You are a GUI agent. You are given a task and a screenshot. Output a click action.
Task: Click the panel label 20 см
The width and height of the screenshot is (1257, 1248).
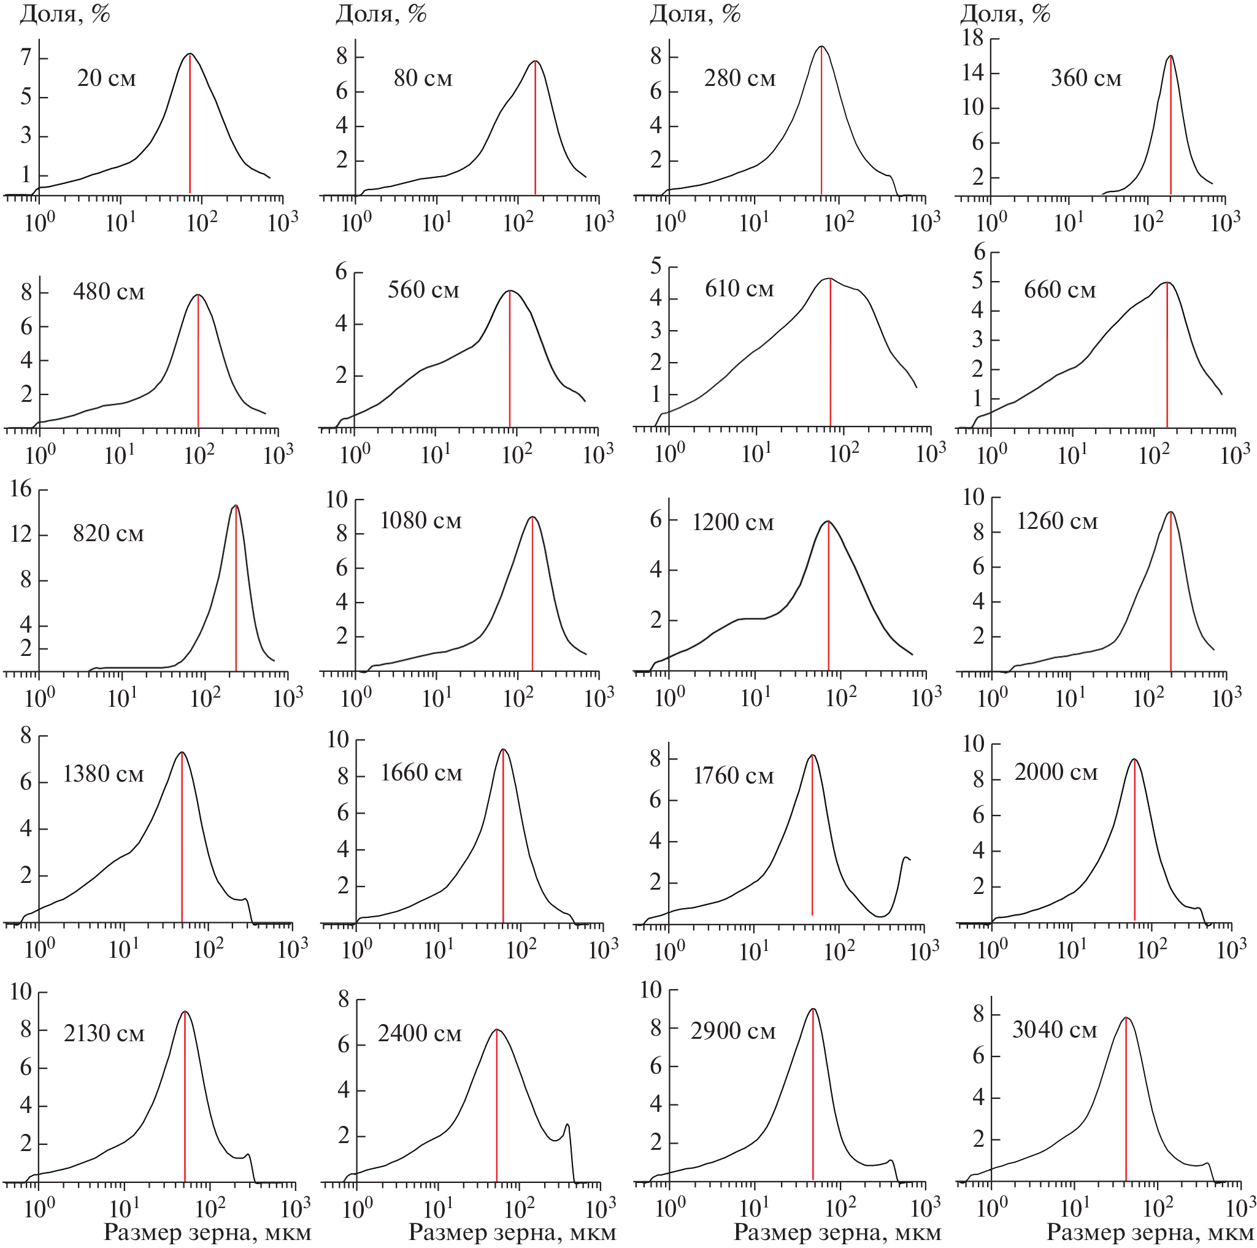point(106,79)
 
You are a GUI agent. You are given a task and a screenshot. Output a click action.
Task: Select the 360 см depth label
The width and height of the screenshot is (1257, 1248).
point(1086,79)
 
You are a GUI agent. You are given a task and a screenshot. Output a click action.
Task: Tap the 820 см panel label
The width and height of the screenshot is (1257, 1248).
point(108,534)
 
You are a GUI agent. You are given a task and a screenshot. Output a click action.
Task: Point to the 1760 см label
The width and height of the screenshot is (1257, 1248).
point(733,776)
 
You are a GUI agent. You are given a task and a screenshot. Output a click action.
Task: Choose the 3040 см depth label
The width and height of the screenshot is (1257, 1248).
point(1054,1030)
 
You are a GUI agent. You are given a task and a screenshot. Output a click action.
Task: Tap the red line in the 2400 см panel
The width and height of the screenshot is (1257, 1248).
point(496,1106)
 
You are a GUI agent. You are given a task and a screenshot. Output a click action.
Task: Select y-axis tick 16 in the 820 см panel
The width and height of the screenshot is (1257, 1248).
point(21,489)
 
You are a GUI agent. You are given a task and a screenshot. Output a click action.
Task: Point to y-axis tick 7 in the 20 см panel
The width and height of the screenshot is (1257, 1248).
point(26,58)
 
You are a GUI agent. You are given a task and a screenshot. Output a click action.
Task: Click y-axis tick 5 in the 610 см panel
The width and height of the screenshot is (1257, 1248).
point(656,266)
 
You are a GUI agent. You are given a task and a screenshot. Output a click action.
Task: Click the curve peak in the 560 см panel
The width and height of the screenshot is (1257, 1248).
point(509,291)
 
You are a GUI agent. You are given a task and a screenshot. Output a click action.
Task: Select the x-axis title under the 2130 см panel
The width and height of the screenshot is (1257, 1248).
point(207,1231)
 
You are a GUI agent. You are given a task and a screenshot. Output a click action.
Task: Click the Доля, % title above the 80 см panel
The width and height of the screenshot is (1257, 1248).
point(380,13)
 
